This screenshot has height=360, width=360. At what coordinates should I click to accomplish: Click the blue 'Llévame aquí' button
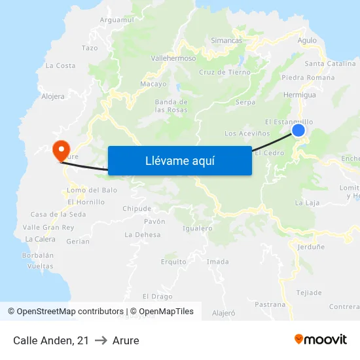click(x=179, y=160)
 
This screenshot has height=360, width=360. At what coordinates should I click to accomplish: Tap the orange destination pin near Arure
click(x=61, y=150)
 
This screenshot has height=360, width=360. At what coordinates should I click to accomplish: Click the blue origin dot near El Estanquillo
click(x=298, y=130)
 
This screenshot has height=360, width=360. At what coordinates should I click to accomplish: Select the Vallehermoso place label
click(x=173, y=58)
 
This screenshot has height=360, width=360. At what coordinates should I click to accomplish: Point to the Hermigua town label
click(x=300, y=95)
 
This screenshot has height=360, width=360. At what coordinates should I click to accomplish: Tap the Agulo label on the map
click(x=306, y=41)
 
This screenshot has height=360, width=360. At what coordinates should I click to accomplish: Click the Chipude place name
click(x=137, y=209)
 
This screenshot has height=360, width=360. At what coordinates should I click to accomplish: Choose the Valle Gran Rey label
click(x=48, y=227)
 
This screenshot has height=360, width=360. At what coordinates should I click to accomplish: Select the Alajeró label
click(x=224, y=313)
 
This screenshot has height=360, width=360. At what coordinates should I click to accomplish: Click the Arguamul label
click(x=117, y=20)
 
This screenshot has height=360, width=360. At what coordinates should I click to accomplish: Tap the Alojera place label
click(x=53, y=96)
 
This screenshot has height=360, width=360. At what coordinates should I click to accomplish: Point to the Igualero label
click(x=198, y=228)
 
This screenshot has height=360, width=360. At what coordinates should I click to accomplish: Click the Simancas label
click(x=226, y=41)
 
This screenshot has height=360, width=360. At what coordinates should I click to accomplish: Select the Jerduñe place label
click(x=311, y=247)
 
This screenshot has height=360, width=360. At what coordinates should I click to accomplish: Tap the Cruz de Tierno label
click(x=225, y=72)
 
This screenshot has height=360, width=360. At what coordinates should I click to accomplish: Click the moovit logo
click(x=320, y=340)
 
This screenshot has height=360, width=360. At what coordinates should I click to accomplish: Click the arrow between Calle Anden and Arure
click(x=101, y=340)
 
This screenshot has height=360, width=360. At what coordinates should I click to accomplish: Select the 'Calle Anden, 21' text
click(x=50, y=340)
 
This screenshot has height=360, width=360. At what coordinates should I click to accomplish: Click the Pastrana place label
click(x=270, y=304)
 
